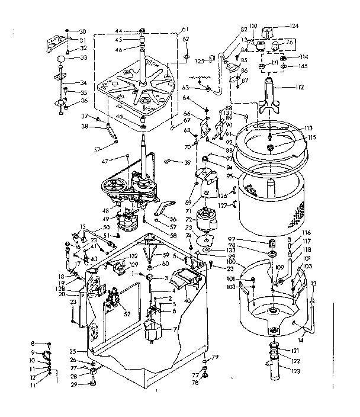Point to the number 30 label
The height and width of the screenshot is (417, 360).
coord(82,31)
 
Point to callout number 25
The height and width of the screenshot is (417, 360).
coord(73,351)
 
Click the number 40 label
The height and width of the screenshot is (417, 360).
coord(188,301)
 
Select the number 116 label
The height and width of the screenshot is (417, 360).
coord(307,233)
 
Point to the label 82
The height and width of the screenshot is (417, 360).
coord(227,29)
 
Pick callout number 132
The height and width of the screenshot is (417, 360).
coord(134,256)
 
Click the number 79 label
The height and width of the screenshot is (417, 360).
coord(216,356)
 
